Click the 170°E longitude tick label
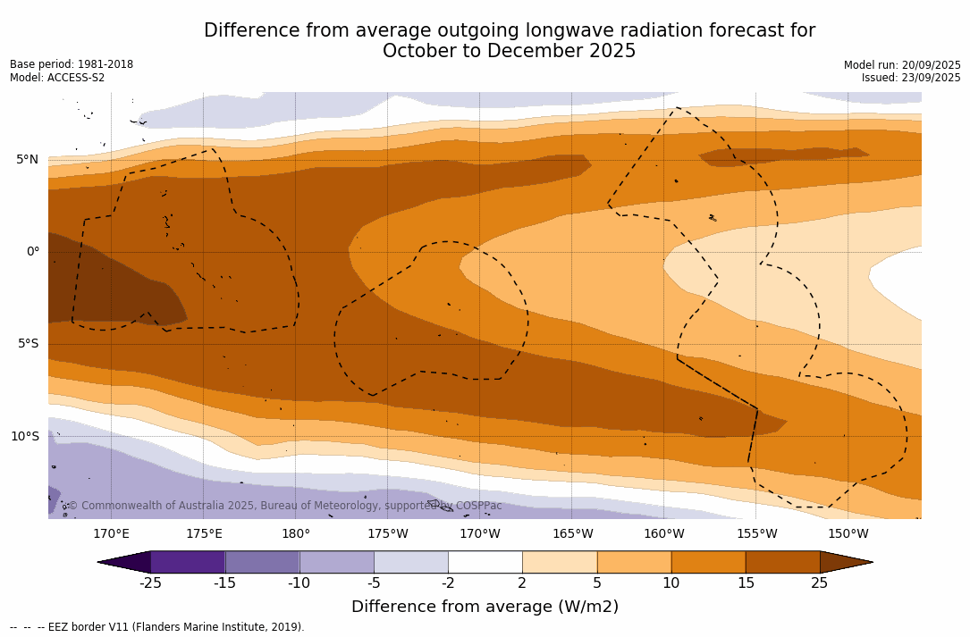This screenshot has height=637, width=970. (x=111, y=534)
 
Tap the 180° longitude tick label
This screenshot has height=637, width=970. (x=296, y=534)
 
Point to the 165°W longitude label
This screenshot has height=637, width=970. (x=572, y=534)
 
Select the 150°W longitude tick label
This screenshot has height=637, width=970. (x=848, y=534)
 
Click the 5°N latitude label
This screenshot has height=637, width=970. (x=27, y=160)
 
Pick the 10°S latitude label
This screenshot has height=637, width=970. (x=24, y=437)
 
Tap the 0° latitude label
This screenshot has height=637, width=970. (x=32, y=252)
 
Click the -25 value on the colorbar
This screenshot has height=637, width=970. (x=150, y=583)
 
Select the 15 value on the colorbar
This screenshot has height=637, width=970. (x=746, y=583)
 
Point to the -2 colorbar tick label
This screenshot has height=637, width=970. (x=448, y=583)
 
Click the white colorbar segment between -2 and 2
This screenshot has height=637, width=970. (x=485, y=562)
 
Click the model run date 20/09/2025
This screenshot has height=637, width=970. (x=932, y=65)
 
